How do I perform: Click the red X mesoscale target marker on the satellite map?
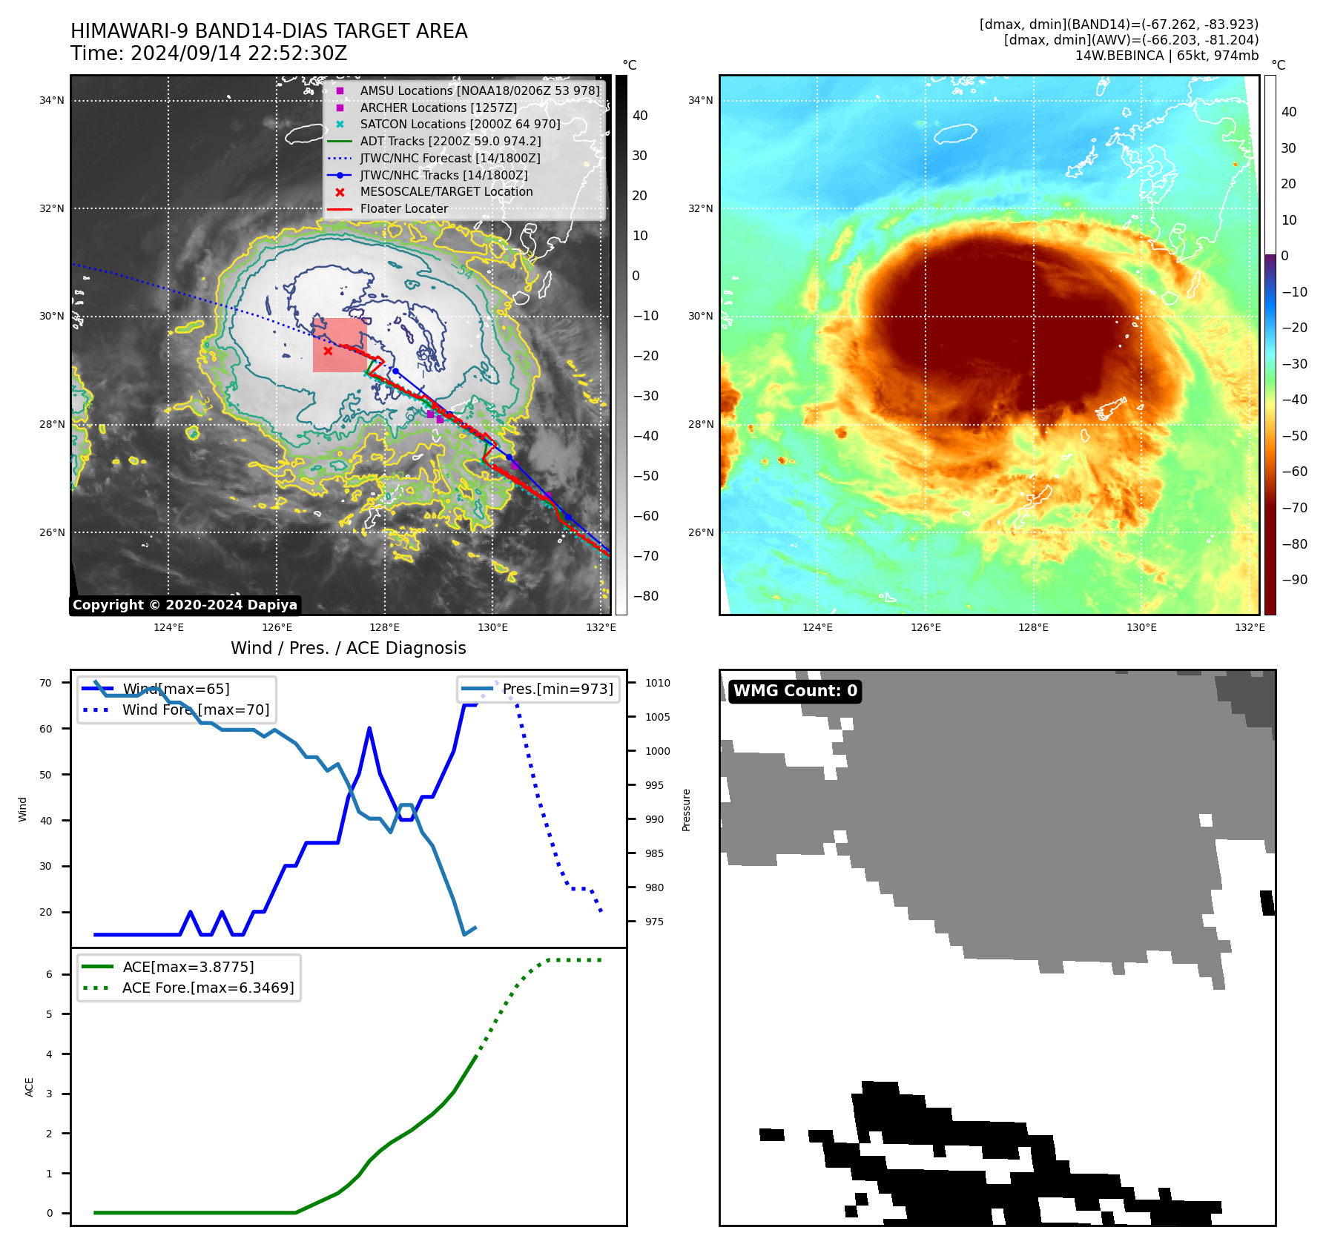pyautogui.click(x=328, y=351)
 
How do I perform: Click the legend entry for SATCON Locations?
pyautogui.click(x=460, y=125)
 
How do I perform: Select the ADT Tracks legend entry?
pyautogui.click(x=450, y=141)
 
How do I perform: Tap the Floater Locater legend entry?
pyautogui.click(x=403, y=209)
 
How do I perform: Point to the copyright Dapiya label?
pyautogui.click(x=185, y=605)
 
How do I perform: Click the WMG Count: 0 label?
pyautogui.click(x=795, y=691)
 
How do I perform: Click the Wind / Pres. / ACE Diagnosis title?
pyautogui.click(x=349, y=649)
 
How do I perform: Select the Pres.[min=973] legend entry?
pyautogui.click(x=558, y=690)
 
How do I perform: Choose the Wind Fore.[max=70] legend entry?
pyautogui.click(x=196, y=710)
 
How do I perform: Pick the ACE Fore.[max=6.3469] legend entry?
pyautogui.click(x=208, y=988)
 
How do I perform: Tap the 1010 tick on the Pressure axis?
pyautogui.click(x=657, y=684)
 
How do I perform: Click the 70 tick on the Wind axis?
pyautogui.click(x=46, y=684)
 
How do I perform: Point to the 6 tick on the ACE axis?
pyautogui.click(x=50, y=974)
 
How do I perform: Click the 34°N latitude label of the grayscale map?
pyautogui.click(x=52, y=101)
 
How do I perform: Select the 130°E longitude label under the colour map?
pyautogui.click(x=1141, y=628)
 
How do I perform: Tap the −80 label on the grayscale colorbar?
pyautogui.click(x=645, y=596)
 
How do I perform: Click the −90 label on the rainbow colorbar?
pyautogui.click(x=1294, y=580)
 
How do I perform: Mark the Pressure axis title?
pyautogui.click(x=687, y=810)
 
